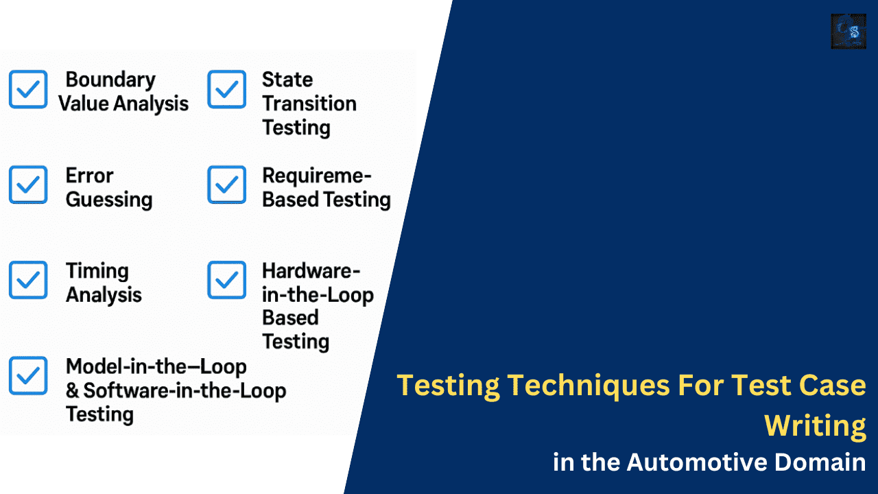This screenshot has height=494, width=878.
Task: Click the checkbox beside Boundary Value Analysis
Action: (28, 89)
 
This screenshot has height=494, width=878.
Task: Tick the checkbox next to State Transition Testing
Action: (227, 89)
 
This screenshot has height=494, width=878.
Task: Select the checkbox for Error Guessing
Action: (28, 185)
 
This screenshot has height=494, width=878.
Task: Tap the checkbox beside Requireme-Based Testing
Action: (227, 185)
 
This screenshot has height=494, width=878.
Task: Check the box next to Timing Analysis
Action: (28, 280)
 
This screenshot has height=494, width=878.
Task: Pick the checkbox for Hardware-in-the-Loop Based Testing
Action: (227, 280)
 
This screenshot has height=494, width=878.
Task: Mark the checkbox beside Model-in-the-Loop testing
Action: (28, 375)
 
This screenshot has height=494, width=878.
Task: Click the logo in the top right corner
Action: (849, 31)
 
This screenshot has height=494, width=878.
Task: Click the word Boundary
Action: (110, 80)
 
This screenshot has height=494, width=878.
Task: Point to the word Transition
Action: (309, 104)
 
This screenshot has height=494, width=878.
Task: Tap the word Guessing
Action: (108, 200)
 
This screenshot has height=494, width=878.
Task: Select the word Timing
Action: (97, 271)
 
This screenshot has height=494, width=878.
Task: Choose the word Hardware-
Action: (311, 271)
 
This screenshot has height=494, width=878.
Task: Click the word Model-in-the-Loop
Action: (156, 366)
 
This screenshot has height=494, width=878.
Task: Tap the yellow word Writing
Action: (815, 425)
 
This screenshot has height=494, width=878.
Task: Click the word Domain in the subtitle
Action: (820, 462)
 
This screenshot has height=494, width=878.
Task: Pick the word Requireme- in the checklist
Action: (316, 176)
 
